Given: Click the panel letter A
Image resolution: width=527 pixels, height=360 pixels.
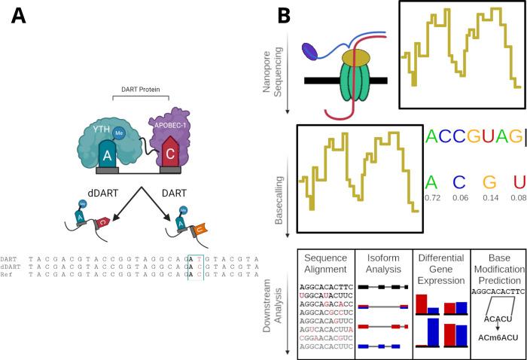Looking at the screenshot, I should coord(20,16).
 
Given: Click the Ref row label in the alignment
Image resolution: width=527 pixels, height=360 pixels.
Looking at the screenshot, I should coord(8,276).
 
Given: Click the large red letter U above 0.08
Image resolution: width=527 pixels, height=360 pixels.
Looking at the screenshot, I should coord(517,182).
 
